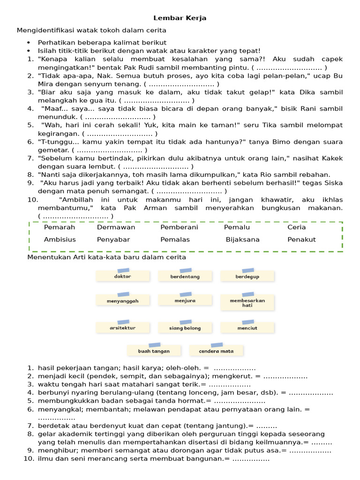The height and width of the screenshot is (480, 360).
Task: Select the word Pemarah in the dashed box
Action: pos(60,227)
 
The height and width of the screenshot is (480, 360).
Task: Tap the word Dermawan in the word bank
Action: pos(116,227)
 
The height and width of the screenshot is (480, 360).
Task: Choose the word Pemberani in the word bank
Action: pos(179,227)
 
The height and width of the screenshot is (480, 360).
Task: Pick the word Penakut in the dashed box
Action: pos(301,240)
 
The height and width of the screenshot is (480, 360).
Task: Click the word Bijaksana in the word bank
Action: pos(242,240)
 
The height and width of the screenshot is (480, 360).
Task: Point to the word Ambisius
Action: pos(60,240)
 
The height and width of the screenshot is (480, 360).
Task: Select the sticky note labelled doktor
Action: pos(122,277)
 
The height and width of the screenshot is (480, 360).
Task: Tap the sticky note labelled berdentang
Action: pos(185,277)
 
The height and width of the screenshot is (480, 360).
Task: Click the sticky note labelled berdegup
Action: pos(247,277)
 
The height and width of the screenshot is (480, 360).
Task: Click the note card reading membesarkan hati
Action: pos(247,302)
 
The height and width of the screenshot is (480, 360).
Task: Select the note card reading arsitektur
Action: pos(122,328)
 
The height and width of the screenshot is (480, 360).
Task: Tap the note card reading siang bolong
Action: pos(185,328)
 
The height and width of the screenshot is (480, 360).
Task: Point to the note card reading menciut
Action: pos(247,328)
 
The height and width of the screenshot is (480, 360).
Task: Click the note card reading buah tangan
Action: pos(154,351)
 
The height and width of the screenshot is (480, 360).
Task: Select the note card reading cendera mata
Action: pos(216,351)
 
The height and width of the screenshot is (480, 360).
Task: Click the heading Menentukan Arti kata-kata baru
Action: pos(107,257)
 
